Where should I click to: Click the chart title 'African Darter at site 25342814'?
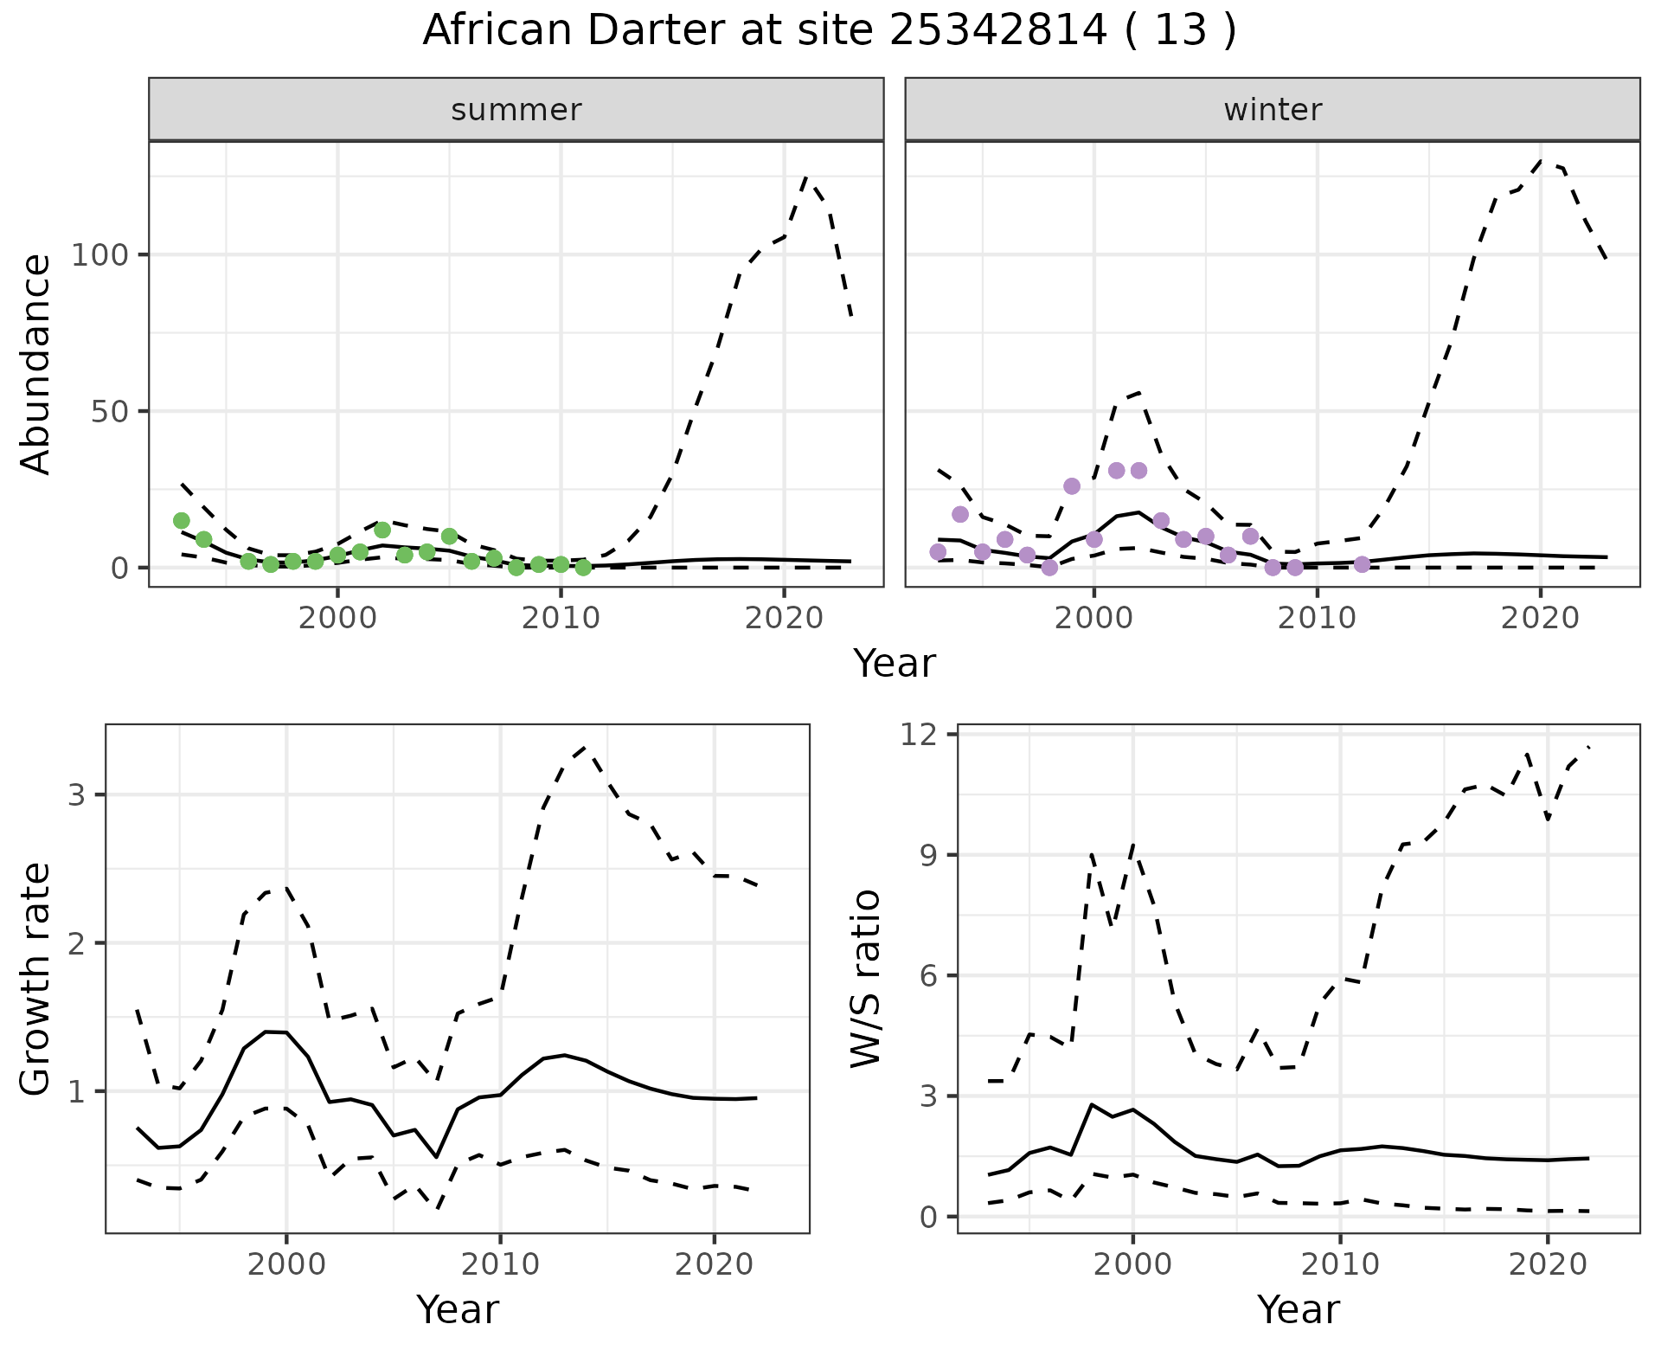[829, 31]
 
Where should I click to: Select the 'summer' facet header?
[516, 110]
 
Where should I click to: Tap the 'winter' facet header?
[1272, 110]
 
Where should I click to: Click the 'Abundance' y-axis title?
[36, 363]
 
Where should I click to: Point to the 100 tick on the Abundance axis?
[99, 255]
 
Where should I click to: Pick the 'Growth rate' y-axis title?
[36, 980]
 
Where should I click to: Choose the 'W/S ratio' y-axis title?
[865, 980]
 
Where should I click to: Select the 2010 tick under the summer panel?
[561, 618]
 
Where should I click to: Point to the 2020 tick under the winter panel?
[1540, 618]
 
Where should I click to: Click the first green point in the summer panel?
[182, 520]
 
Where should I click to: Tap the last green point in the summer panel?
[583, 568]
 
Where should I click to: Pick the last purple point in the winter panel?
[1362, 564]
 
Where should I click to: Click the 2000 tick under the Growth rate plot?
[286, 1264]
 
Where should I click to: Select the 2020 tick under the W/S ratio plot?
[1547, 1264]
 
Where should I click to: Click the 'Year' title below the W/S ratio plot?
[1298, 1310]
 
